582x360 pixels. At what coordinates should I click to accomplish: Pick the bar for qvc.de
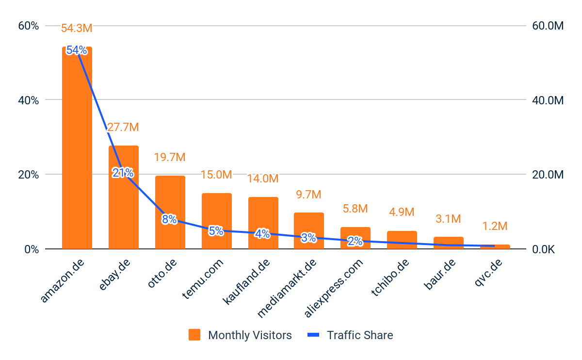(495, 247)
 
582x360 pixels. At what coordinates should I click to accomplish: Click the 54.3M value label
(77, 28)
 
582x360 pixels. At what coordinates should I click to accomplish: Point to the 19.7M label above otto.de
(170, 157)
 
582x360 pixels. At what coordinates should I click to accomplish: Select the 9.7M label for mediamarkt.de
(308, 195)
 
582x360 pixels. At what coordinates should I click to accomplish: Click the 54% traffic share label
(77, 50)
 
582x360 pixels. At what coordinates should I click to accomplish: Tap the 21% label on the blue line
(123, 173)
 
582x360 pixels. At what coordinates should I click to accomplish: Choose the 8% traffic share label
(169, 219)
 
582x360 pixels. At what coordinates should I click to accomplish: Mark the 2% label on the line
(355, 241)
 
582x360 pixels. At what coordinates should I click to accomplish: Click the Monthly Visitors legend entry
(241, 335)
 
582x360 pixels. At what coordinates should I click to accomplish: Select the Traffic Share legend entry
(350, 335)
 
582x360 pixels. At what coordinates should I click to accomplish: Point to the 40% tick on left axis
(28, 100)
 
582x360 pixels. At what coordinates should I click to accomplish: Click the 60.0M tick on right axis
(548, 26)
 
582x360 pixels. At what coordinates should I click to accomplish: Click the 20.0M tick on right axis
(548, 175)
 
